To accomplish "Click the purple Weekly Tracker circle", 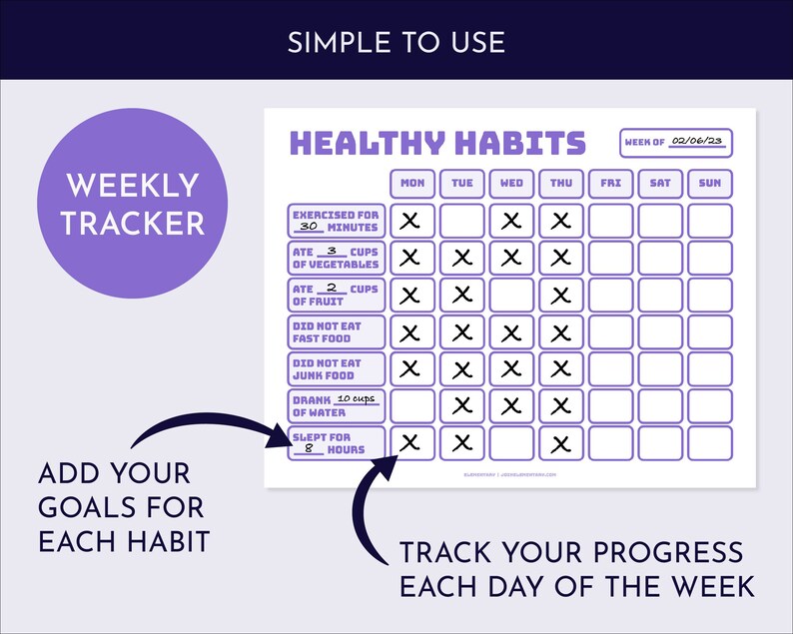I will point(132,204).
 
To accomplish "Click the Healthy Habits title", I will point(436,143).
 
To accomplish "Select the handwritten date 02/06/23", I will point(695,142).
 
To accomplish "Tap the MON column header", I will point(411,184).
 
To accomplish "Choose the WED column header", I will point(511,184).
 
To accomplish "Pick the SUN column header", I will point(709,184).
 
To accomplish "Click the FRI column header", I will point(610,184).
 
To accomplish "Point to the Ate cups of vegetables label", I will point(336,259).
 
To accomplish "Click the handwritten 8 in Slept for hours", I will point(309,449).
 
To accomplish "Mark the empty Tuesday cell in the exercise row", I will point(461,221).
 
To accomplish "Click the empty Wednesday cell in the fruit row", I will point(511,295).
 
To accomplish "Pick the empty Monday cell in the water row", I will point(411,405).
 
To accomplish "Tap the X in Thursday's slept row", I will point(560,443).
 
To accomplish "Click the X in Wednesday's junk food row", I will point(511,369).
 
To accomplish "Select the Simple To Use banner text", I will point(396,42).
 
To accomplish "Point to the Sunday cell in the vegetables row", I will point(709,258).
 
